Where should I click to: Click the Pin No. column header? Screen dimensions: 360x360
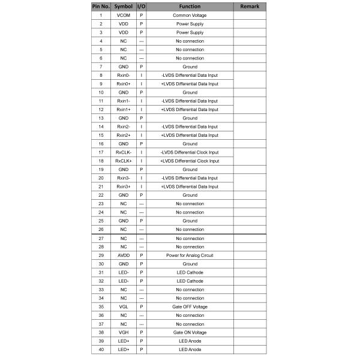coord(100,6)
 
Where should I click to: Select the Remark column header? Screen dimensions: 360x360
coord(249,6)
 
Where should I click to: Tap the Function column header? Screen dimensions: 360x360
coord(190,6)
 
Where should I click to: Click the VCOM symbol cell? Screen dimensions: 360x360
coord(123,15)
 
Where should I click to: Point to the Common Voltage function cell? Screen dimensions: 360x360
coord(190,15)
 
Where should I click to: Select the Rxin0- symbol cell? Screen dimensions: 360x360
coord(123,75)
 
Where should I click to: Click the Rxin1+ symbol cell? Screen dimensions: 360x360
coord(123,109)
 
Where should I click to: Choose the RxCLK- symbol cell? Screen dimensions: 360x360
coord(123,152)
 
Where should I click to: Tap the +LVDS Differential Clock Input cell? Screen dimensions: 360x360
coord(190,161)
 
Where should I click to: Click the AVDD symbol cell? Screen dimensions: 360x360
coord(123,255)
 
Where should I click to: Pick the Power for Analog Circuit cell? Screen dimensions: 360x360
coord(190,255)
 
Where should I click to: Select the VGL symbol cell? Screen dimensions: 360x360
coord(123,307)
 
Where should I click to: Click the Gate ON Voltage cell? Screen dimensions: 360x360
coord(190,332)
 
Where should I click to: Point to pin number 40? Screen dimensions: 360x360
coord(100,349)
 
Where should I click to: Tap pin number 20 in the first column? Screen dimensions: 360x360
coord(100,178)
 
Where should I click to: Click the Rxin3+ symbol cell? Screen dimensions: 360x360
coord(123,187)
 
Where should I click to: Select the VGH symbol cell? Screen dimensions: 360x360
coord(123,332)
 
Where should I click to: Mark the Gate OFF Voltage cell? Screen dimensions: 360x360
coord(190,307)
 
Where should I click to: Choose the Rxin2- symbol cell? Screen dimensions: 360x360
coord(123,127)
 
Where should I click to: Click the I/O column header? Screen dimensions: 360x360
coord(141,6)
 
